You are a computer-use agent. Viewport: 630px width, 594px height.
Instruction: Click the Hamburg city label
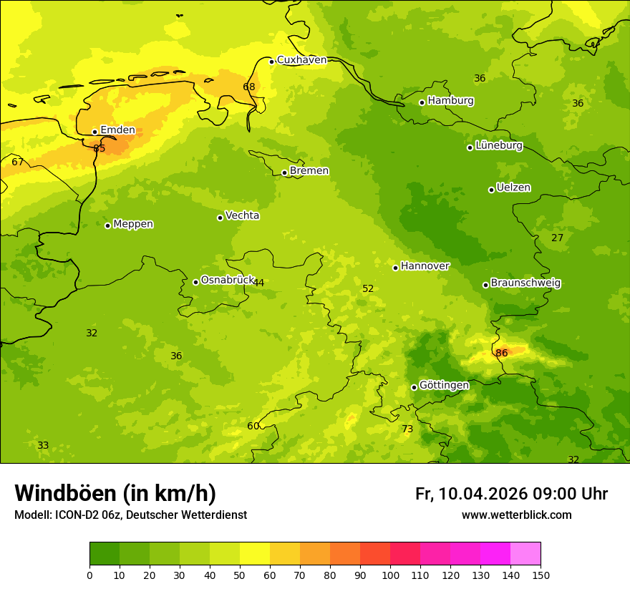450,101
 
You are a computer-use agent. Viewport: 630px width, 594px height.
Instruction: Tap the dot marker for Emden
94,132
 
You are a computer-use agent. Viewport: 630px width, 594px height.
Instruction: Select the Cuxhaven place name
301,60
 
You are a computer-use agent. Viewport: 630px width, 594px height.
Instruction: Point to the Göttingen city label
444,385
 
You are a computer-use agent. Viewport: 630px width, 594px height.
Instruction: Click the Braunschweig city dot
485,285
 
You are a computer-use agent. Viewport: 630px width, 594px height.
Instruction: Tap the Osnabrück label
228,280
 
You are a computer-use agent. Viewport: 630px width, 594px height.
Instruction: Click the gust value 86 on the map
502,353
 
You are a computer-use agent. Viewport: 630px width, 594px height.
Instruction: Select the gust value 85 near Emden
99,148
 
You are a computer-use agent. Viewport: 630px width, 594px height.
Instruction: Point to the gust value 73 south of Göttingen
407,429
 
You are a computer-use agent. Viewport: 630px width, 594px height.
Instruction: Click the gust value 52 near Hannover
368,288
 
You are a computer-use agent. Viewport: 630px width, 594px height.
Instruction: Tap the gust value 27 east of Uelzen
557,238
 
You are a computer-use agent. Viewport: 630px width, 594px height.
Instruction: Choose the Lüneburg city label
498,145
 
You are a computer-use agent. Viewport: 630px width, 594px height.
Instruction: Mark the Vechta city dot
220,218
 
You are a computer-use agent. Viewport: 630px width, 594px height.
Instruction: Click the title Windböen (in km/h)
115,493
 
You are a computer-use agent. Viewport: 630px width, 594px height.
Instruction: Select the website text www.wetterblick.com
516,515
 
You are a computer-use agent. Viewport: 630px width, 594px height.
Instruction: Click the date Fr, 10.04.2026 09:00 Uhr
511,494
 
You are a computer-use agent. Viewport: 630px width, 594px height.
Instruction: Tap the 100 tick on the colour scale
390,575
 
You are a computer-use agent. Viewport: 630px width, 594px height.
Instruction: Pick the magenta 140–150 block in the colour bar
525,554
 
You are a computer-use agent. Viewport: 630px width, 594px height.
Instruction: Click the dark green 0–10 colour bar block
105,554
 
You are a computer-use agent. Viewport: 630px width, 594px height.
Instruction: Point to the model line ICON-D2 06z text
130,515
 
